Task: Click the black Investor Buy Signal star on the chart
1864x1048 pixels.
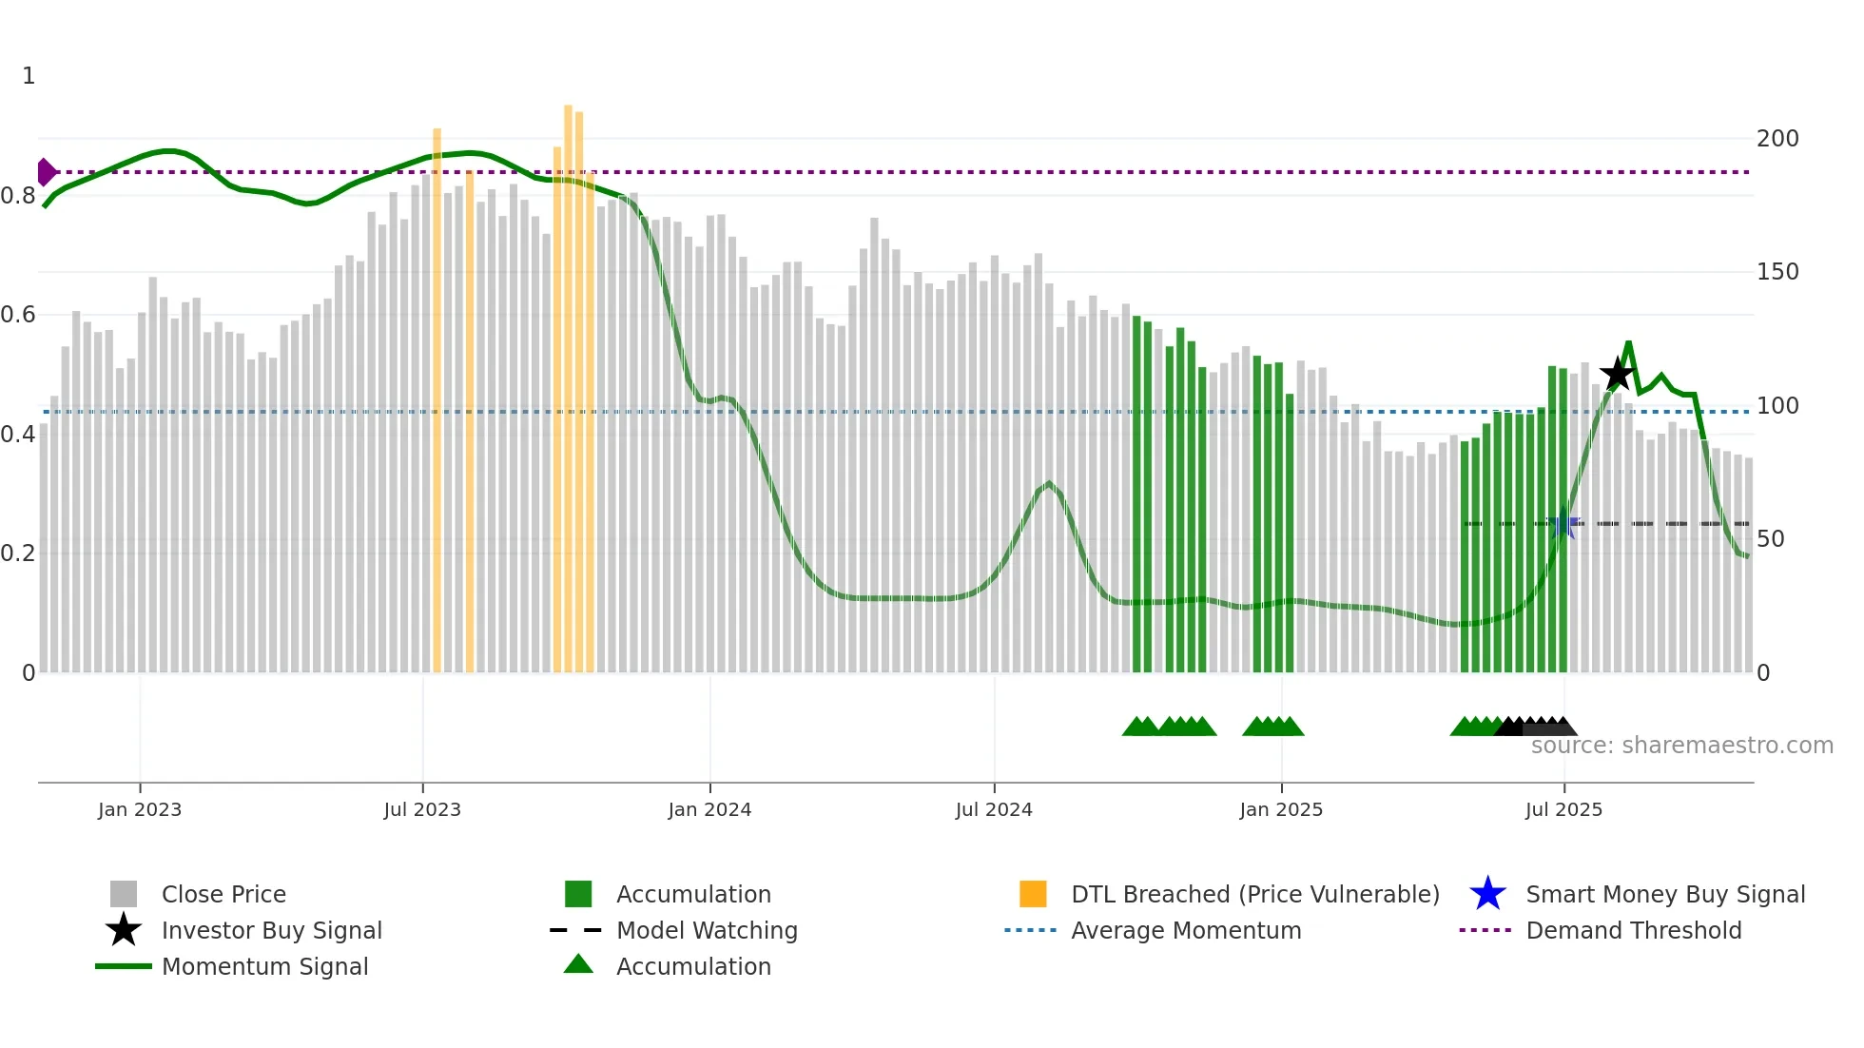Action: pos(1617,375)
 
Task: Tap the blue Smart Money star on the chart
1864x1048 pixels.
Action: pos(1563,524)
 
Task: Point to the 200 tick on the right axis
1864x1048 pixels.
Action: pos(1777,139)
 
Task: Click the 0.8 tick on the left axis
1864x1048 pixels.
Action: pos(18,196)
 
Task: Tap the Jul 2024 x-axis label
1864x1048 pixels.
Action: pos(994,809)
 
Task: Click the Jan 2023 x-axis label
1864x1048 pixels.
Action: pos(140,809)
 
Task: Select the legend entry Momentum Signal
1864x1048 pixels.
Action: pos(264,966)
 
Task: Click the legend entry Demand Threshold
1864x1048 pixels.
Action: pos(1633,930)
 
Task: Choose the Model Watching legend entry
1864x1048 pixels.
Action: pos(707,930)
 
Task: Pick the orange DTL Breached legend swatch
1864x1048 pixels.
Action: pos(1033,894)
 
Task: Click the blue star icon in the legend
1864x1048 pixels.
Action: pos(1487,894)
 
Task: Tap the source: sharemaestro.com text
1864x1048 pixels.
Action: pos(1681,746)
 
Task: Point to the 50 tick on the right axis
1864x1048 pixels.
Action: pos(1771,539)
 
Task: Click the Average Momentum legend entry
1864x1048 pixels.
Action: pos(1185,930)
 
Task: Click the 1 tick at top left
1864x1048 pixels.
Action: pos(29,76)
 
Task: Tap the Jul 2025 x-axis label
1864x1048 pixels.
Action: pos(1563,809)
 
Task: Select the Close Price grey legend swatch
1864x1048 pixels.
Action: pos(124,894)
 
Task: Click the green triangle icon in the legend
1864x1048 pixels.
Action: pos(578,964)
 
